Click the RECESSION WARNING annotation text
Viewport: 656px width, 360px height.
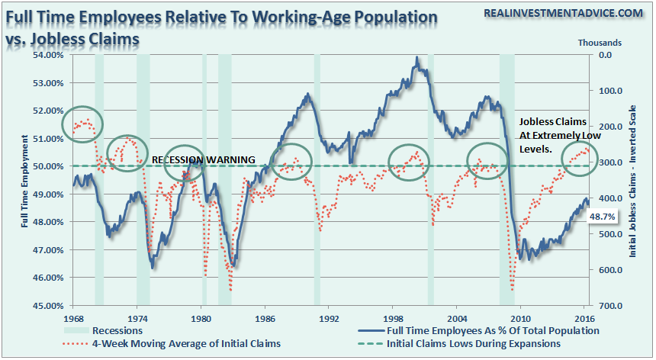tap(203, 159)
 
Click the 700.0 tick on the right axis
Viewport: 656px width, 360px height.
tap(609, 306)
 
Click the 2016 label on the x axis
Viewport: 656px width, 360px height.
tap(585, 318)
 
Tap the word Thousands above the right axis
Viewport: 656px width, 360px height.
tap(599, 43)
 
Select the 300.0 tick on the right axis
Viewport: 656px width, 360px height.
tap(609, 162)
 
